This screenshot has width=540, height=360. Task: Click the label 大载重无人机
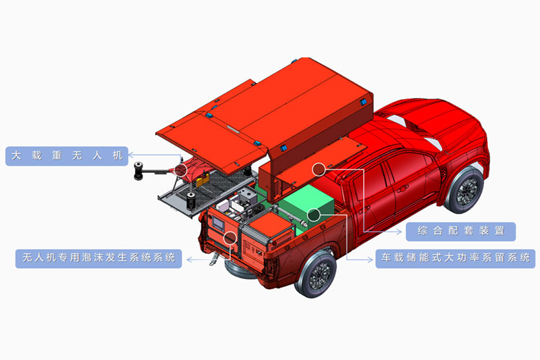67,156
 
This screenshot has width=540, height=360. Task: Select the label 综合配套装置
461,231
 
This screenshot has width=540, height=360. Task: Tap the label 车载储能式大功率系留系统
455,259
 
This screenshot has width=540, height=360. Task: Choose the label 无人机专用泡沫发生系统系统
99,259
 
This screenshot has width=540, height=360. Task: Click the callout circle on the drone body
180,170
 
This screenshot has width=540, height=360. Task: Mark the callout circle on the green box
314,215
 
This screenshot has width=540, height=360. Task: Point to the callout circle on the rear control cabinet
230,237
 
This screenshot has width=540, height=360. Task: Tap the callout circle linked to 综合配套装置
319,169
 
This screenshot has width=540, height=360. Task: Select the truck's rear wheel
316,275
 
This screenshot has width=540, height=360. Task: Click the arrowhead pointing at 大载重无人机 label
131,155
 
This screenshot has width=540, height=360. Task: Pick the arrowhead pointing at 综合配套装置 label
399,232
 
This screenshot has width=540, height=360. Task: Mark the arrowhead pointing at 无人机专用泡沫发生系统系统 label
190,259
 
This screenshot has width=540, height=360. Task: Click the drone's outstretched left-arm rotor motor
138,170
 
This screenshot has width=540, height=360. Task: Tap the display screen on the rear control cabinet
218,224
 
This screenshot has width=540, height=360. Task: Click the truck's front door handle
402,189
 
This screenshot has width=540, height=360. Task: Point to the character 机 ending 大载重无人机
117,156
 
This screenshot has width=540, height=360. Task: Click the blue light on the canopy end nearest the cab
363,102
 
